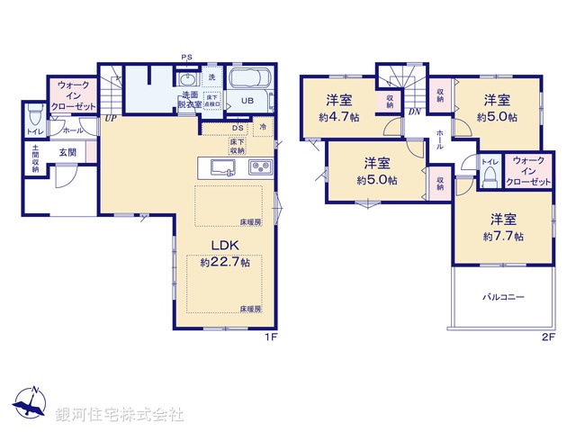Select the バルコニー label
(502, 296)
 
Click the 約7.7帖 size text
(502, 236)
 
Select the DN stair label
(412, 112)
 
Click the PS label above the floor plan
(186, 58)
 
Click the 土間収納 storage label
(35, 159)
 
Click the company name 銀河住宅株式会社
(119, 415)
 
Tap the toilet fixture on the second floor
(490, 178)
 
